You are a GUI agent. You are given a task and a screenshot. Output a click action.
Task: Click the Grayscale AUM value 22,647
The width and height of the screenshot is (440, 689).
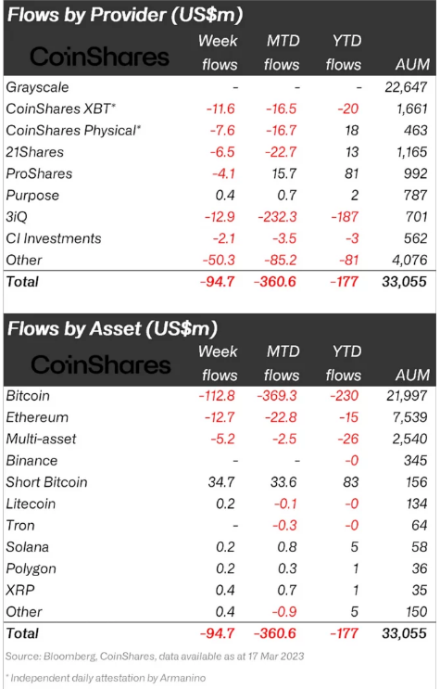click(406, 87)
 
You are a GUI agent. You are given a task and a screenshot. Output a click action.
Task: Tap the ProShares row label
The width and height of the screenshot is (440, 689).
click(39, 173)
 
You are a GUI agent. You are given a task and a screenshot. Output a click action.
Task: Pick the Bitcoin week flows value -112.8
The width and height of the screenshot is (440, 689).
click(217, 395)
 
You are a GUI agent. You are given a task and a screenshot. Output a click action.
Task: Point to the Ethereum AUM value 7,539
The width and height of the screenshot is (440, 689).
click(409, 417)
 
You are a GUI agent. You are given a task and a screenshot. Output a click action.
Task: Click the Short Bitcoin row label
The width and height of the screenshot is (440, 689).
click(46, 482)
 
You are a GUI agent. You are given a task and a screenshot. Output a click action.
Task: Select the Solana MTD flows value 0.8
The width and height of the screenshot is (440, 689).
click(287, 546)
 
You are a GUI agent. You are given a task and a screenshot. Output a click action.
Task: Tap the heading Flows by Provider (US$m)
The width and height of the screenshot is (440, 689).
click(125, 15)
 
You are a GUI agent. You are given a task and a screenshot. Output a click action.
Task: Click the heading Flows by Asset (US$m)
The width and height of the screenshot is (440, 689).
click(112, 328)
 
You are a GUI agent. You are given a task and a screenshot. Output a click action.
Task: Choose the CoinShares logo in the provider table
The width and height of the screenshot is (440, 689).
click(100, 57)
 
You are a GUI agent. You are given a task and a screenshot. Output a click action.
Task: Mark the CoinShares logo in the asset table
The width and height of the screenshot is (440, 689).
click(101, 364)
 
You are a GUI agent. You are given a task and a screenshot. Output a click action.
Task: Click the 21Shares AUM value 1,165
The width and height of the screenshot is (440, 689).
click(412, 152)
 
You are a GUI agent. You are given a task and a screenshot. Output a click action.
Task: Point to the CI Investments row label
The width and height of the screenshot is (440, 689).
click(54, 238)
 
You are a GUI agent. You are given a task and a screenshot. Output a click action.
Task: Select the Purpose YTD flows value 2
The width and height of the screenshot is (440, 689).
click(355, 195)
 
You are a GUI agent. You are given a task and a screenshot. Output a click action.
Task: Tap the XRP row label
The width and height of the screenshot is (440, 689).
click(20, 590)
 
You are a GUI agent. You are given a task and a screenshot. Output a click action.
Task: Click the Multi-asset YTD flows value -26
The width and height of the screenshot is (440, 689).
click(348, 439)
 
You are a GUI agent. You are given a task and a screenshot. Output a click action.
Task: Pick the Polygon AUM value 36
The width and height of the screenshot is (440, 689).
click(420, 568)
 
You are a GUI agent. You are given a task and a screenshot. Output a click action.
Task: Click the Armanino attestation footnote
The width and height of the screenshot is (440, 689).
click(106, 678)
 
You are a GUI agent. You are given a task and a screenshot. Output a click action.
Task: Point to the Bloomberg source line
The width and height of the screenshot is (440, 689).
click(155, 657)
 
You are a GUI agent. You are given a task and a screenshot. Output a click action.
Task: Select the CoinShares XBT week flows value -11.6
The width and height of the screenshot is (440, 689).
click(220, 108)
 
